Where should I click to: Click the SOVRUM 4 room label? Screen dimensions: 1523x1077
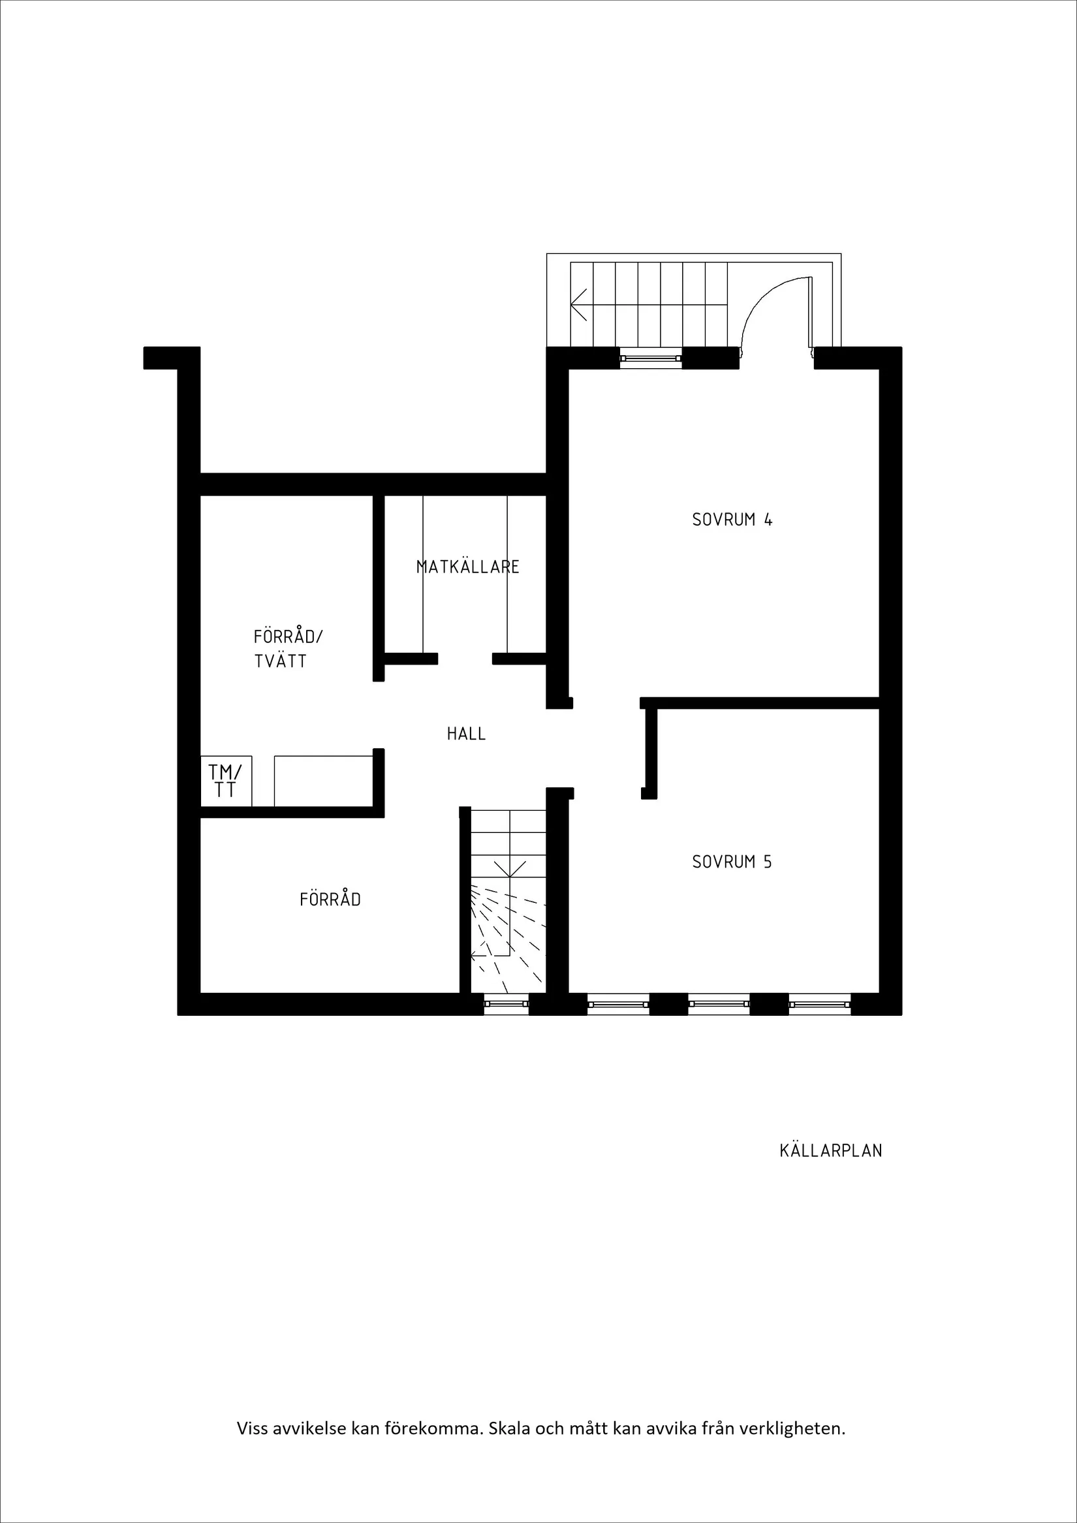click(x=732, y=520)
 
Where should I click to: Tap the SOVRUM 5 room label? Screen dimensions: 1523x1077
click(x=732, y=862)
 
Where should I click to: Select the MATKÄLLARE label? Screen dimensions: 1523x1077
click(x=467, y=567)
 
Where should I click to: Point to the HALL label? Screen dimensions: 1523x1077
click(x=465, y=734)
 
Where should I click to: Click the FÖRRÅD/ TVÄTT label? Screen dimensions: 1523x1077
click(x=287, y=649)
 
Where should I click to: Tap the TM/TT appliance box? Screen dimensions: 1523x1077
click(x=225, y=781)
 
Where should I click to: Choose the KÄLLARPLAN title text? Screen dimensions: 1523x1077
click(x=830, y=1150)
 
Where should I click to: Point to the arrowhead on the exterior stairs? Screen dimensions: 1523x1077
click(x=577, y=304)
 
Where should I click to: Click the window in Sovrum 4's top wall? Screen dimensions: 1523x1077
click(x=651, y=359)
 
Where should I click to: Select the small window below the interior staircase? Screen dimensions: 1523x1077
click(x=506, y=1003)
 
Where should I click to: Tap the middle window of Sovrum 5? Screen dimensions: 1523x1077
click(x=718, y=1003)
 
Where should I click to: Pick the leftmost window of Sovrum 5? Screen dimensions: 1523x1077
click(x=617, y=1003)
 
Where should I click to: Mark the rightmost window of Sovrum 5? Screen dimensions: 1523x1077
click(x=819, y=1003)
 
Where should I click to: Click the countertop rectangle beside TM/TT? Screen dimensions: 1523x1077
click(x=323, y=781)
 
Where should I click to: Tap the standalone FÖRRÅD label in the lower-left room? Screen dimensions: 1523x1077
click(x=330, y=900)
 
